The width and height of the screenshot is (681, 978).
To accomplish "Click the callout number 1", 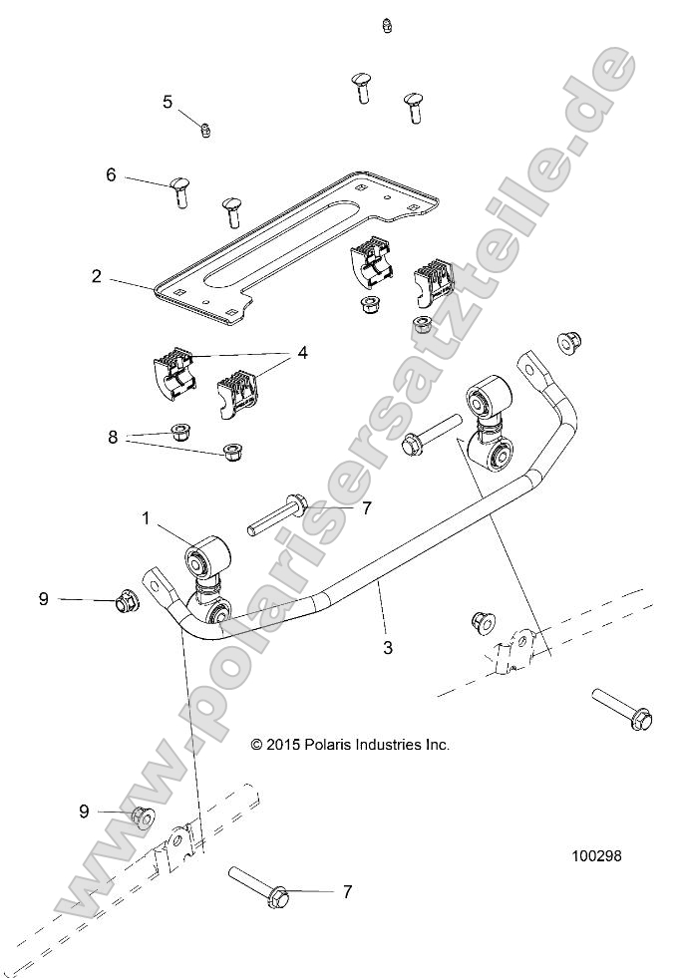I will click(x=146, y=518).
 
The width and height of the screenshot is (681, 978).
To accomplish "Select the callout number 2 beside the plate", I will click(x=96, y=276).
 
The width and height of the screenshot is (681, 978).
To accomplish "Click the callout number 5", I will click(x=168, y=101).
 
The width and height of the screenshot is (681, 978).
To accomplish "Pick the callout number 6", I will click(x=111, y=174).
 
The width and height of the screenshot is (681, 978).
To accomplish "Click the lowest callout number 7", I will click(x=347, y=892).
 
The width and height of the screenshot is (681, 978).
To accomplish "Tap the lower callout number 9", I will click(x=84, y=811).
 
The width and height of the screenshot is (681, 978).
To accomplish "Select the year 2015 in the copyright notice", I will click(x=283, y=744).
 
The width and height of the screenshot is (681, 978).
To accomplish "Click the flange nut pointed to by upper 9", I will click(x=127, y=601).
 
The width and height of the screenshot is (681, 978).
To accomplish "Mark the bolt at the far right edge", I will click(x=621, y=706).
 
